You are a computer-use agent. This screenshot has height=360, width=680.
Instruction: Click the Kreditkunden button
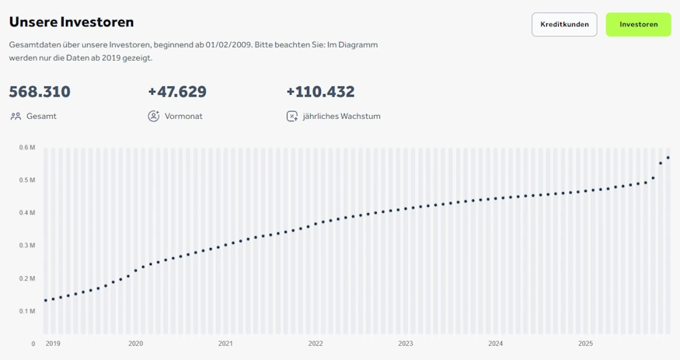point(564,25)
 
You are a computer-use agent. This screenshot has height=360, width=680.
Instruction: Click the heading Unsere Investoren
point(71,22)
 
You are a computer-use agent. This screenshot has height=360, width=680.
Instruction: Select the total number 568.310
point(40,92)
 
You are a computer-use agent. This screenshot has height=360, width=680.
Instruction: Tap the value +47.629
point(177,92)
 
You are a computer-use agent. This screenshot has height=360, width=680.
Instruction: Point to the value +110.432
point(320,92)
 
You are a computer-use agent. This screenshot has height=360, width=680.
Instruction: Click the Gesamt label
point(41,117)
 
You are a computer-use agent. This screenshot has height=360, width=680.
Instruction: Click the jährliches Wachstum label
point(341,117)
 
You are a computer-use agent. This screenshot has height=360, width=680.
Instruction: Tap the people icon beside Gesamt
point(16,117)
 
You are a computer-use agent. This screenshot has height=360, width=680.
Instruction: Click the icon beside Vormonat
point(153,117)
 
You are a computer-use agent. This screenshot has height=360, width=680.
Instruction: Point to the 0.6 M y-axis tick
point(28,148)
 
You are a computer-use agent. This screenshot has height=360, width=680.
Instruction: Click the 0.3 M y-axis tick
point(28,246)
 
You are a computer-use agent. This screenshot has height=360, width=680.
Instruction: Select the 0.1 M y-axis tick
point(28,311)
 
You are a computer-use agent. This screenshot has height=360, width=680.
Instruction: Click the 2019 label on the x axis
point(53,343)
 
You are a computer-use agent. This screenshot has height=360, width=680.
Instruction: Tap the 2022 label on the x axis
point(316,343)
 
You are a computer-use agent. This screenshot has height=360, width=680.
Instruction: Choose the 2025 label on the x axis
point(586,343)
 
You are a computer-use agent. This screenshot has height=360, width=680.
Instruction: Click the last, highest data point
point(668,158)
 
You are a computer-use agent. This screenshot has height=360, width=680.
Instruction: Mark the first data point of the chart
point(46,300)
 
